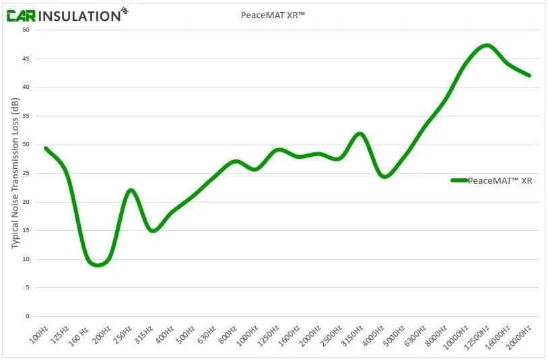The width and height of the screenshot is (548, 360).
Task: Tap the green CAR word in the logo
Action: pyautogui.click(x=21, y=15)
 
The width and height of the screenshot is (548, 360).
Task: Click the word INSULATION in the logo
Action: pyautogui.click(x=79, y=15)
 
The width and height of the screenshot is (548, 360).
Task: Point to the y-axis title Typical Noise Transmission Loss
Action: pyautogui.click(x=15, y=173)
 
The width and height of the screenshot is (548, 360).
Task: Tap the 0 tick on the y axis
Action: pyautogui.click(x=28, y=316)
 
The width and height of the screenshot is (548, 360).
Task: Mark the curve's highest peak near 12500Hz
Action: pyautogui.click(x=486, y=46)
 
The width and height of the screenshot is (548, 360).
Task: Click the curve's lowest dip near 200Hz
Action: pyautogui.click(x=98, y=264)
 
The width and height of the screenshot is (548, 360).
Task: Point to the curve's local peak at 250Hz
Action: pyautogui.click(x=131, y=190)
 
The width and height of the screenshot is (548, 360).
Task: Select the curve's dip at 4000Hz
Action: pyautogui.click(x=384, y=176)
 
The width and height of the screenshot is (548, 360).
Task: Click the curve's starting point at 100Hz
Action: pyautogui.click(x=46, y=148)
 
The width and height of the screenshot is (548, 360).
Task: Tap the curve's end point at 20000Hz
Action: pyautogui.click(x=529, y=75)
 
